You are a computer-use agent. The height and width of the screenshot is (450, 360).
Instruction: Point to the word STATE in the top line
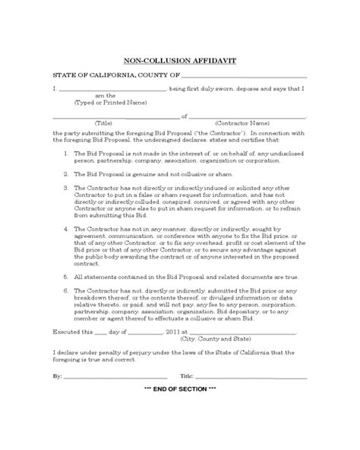click(x=64, y=76)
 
